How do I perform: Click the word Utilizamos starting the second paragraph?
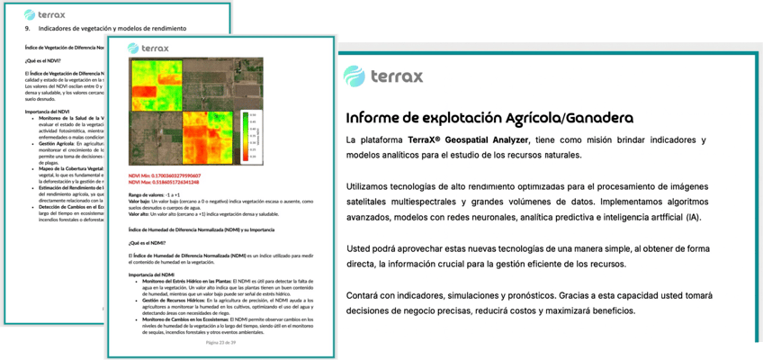click(375, 185)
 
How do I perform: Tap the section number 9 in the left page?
click(26, 28)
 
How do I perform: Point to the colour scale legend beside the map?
click(249, 135)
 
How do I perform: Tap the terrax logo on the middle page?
click(147, 49)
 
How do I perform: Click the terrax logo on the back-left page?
click(42, 13)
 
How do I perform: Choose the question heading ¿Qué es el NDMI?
click(148, 242)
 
